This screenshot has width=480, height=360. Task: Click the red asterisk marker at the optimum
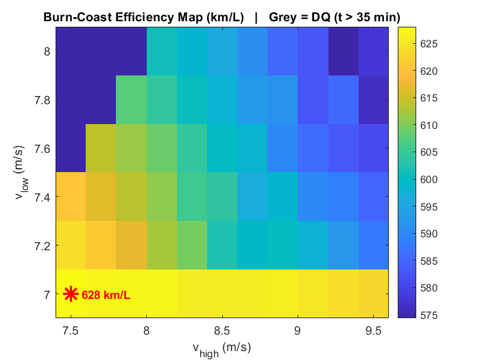pos(71,294)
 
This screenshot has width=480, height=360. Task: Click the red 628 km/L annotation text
pos(106,296)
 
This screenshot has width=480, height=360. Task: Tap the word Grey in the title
pos(283,16)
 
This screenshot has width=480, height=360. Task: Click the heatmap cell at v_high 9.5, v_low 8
pos(374,51)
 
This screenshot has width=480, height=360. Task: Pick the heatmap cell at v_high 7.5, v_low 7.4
pos(71,197)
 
